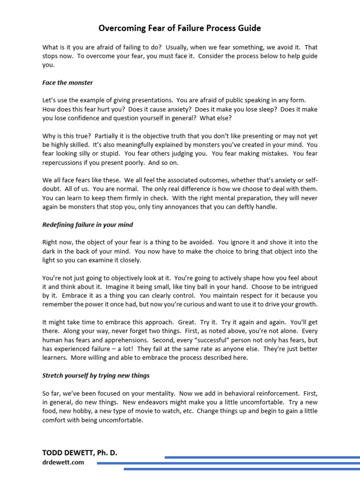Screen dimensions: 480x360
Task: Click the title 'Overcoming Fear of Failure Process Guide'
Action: (180, 29)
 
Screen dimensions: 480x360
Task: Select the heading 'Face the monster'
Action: (67, 82)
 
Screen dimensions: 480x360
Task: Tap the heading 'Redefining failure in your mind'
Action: (88, 225)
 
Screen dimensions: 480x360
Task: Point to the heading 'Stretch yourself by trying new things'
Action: (96, 375)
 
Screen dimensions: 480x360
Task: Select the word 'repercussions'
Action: (63, 163)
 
